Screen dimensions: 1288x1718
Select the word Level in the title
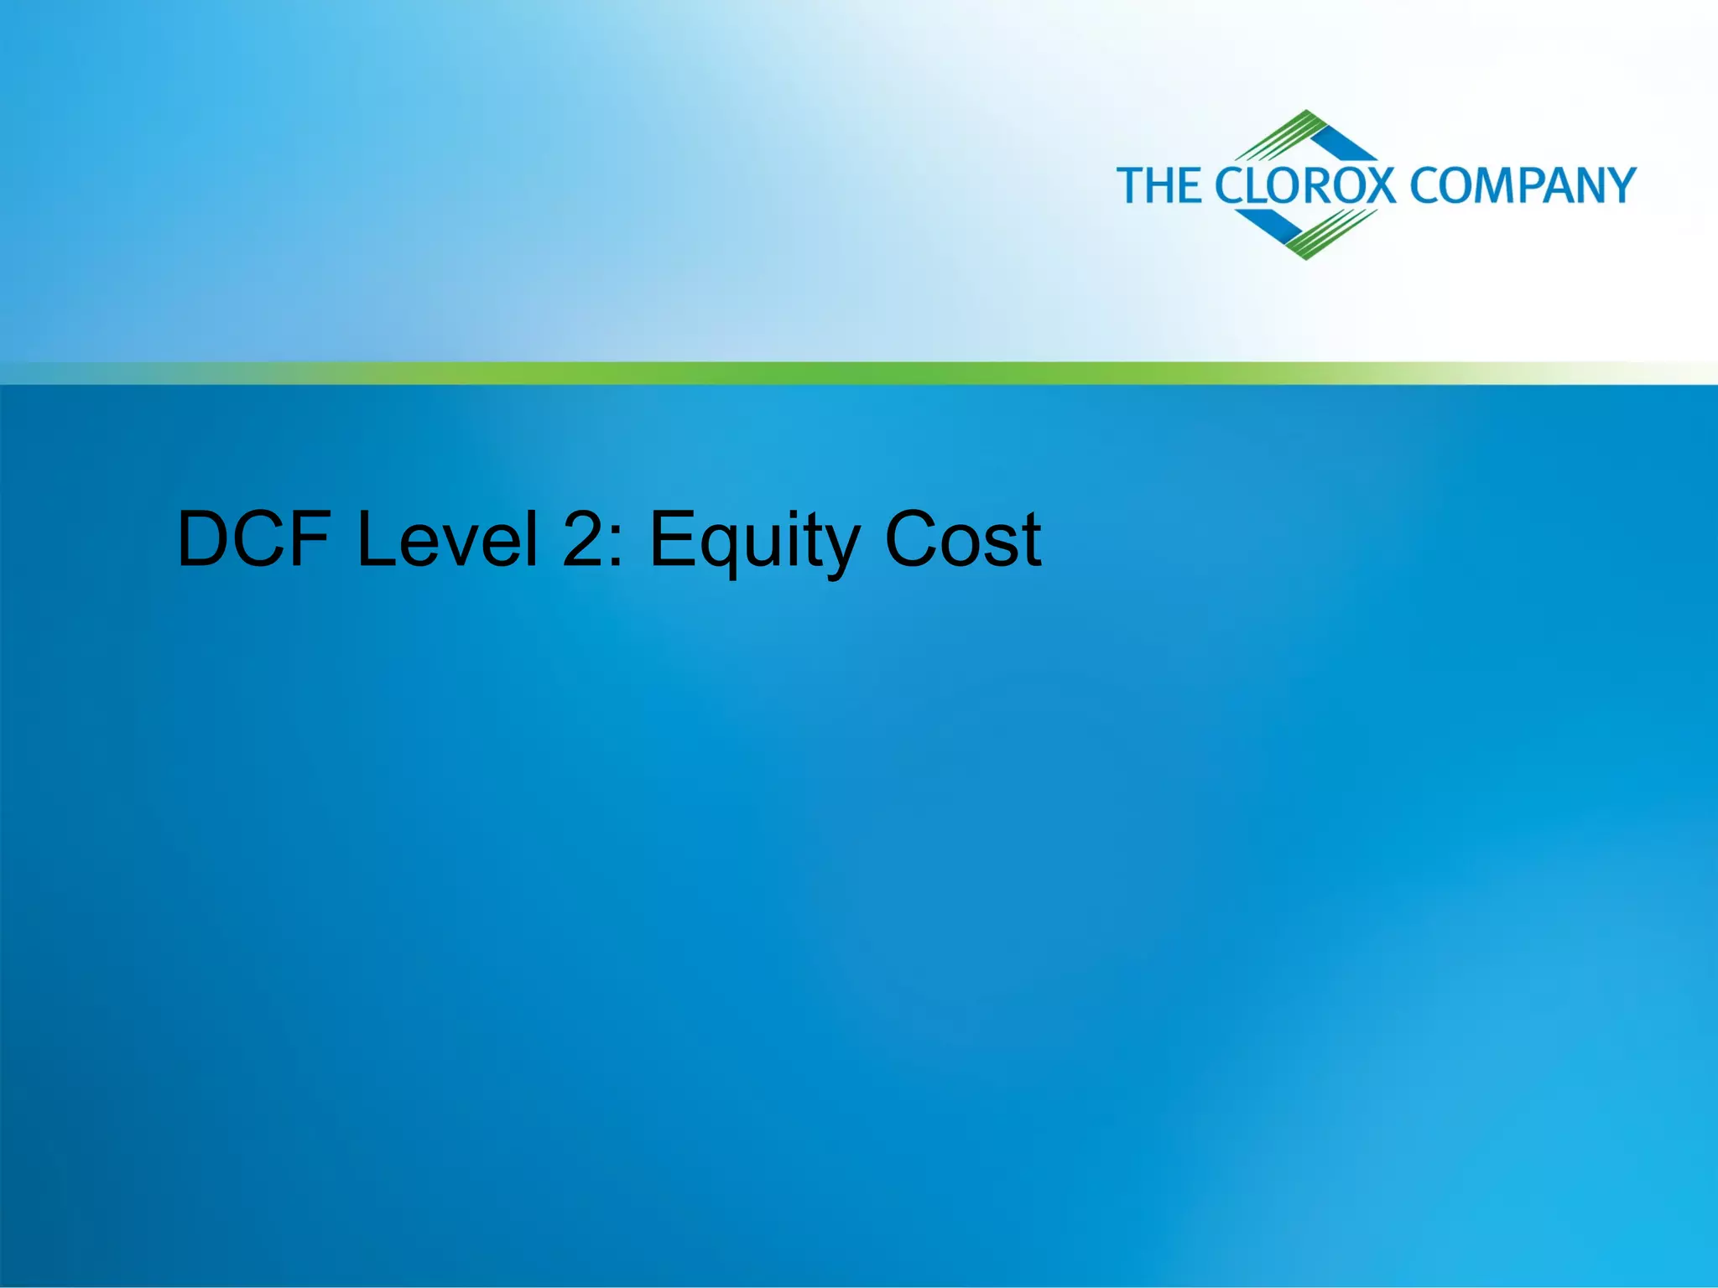(447, 540)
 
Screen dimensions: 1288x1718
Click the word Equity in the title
(752, 543)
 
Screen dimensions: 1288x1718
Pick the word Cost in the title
(962, 540)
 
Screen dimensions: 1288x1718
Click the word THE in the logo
(1159, 185)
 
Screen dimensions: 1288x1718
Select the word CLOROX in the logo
(1305, 185)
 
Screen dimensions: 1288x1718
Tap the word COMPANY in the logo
(1523, 185)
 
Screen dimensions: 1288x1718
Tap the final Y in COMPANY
(1620, 185)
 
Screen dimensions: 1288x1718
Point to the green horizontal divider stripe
(859, 373)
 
